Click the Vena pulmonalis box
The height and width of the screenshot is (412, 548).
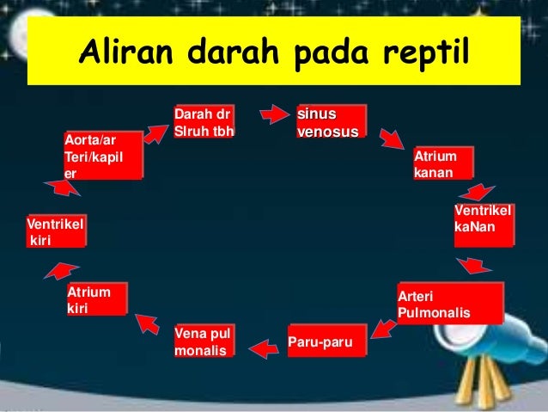click(x=204, y=341)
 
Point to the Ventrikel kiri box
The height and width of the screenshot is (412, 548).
click(x=56, y=231)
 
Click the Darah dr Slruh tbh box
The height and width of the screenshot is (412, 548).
click(x=204, y=122)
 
